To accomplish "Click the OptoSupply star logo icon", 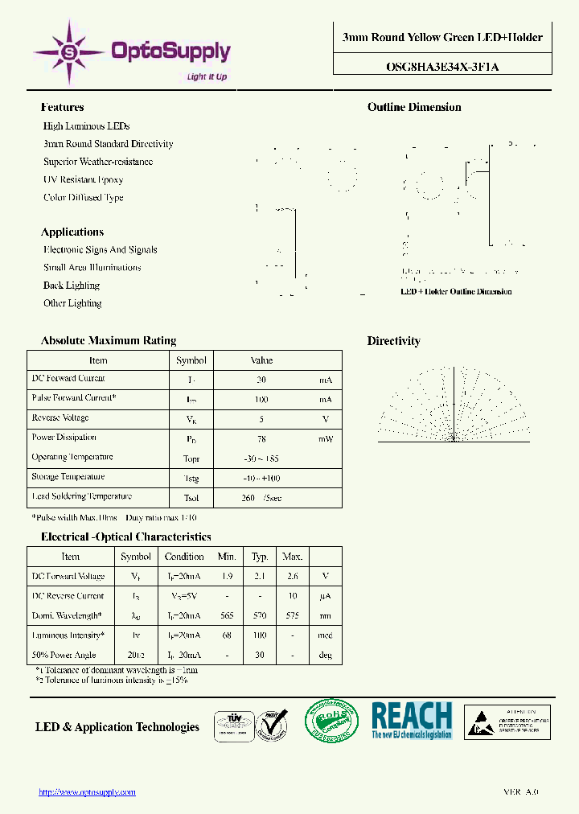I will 69,52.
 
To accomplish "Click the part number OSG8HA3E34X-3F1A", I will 443,67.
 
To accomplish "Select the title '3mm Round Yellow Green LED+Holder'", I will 442,37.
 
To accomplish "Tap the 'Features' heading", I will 62,107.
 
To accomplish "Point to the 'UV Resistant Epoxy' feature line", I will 84,179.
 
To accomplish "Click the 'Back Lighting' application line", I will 72,286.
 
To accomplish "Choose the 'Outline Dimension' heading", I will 414,107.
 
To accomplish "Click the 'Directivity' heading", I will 393,341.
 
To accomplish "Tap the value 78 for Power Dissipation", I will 261,438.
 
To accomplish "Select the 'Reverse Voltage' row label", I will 60,418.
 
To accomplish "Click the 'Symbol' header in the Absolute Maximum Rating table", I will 191,360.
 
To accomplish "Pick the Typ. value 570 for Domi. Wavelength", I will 260,616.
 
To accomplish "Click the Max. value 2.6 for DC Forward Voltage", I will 292,577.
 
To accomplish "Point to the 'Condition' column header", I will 184,557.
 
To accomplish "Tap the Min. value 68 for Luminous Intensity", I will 227,635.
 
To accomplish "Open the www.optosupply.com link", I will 88,792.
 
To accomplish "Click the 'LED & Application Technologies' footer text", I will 117,727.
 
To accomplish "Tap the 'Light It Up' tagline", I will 207,77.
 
